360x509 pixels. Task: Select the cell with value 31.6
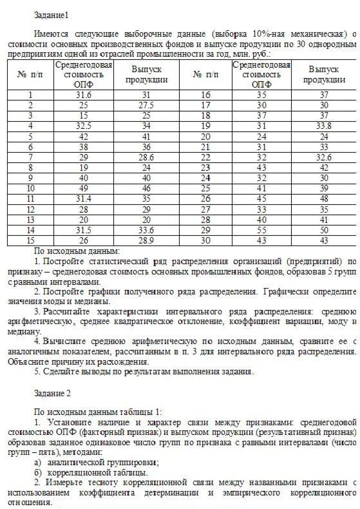coord(83,95)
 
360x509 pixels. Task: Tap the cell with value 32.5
coord(83,126)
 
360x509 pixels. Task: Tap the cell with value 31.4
coord(83,198)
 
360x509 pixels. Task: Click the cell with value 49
coord(83,187)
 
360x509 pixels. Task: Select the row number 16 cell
coord(206,95)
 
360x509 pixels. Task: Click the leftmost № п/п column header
coord(30,75)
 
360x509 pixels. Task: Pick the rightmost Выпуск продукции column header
coord(324,74)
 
